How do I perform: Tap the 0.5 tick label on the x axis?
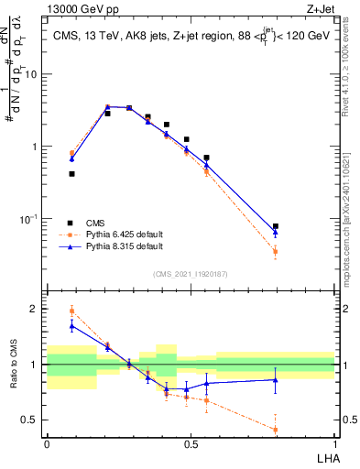[x=191, y=444]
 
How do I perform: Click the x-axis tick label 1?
[x=334, y=444]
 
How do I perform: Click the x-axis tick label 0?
[x=47, y=444]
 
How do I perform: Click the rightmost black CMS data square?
[x=276, y=226]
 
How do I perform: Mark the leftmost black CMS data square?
[x=71, y=173]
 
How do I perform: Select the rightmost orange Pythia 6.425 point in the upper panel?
[x=276, y=251]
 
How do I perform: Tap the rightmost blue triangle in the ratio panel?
[x=276, y=379]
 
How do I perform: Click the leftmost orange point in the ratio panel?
[x=71, y=311]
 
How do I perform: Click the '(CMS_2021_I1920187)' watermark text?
[x=191, y=273]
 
